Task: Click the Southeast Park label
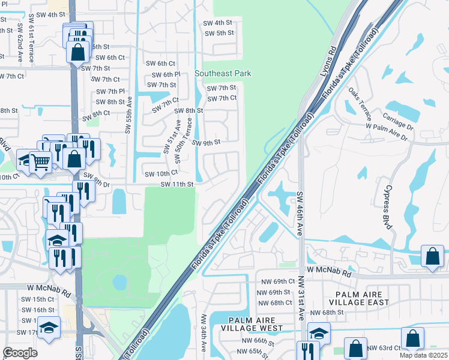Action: [223, 73]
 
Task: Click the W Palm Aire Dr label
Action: [387, 132]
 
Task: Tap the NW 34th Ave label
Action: [203, 333]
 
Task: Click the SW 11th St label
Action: [177, 184]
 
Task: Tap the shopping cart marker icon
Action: [40, 160]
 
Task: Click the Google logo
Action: [20, 352]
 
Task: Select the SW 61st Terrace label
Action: [30, 44]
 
